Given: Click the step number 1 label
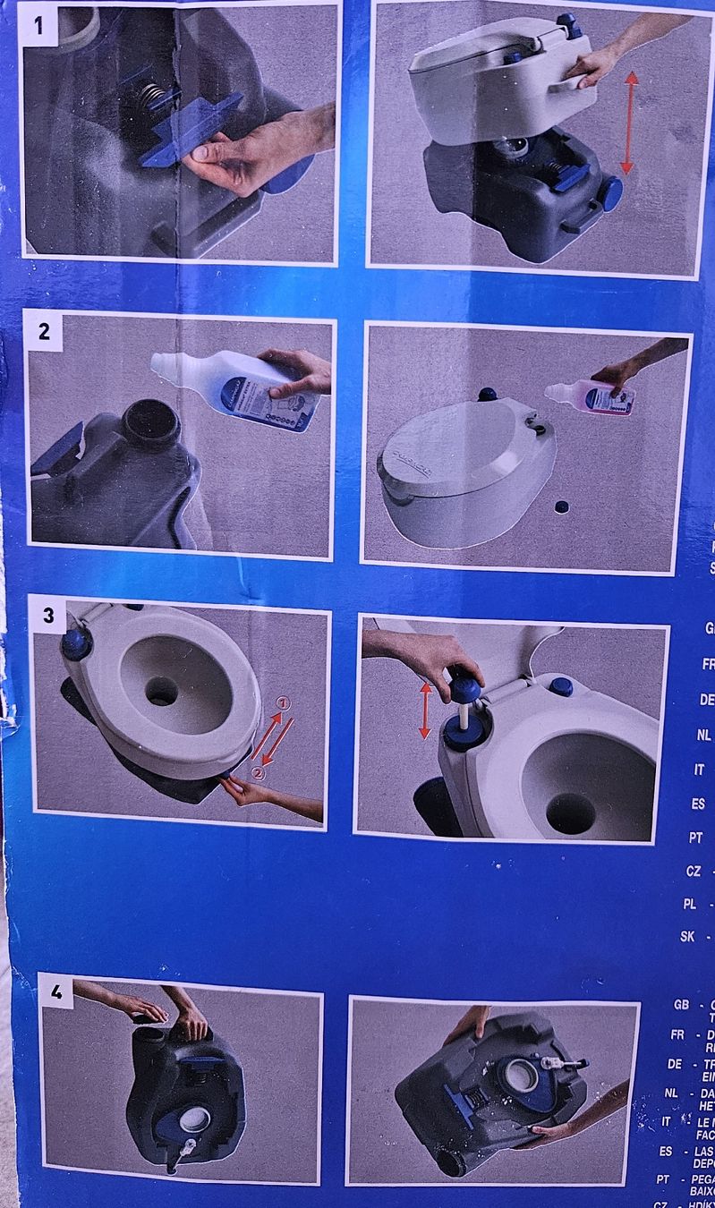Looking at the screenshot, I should pos(38,25).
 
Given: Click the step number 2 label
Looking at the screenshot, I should pos(44,332).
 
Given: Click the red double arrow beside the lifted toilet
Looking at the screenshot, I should pos(630,123).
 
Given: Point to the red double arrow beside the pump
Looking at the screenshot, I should pos(425,710).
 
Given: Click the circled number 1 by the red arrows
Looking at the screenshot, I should pos(284,705).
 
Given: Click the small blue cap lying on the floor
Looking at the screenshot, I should pos(561,506).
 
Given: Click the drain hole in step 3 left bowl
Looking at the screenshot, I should pos(163,691).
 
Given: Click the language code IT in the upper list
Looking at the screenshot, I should pos(699,770).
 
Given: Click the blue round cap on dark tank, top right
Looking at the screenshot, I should pos(610,192).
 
